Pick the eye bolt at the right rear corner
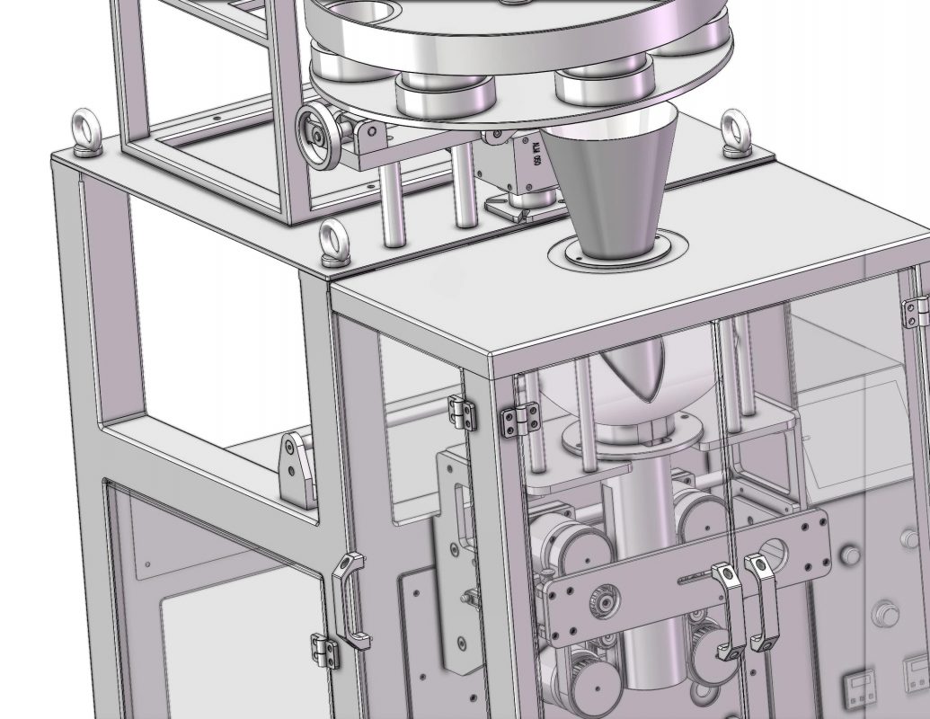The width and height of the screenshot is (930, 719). pos(737,134)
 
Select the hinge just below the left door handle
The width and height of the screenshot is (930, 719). pos(326,650)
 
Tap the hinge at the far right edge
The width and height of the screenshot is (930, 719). pos(916,310)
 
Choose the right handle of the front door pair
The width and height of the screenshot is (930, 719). pos(764,602)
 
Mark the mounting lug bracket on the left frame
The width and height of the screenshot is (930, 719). pos(297,467)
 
